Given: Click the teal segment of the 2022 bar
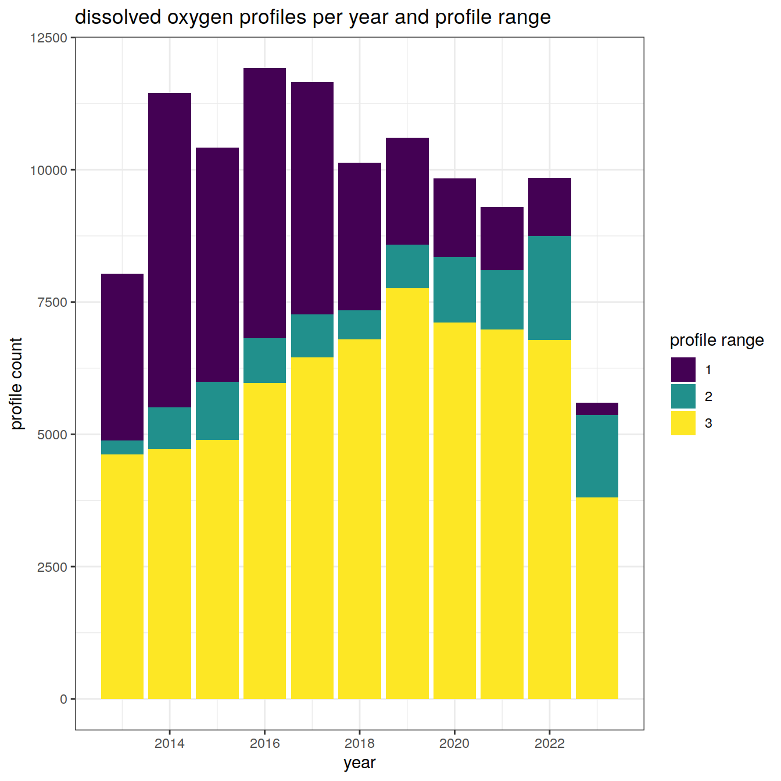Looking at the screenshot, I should (549, 288).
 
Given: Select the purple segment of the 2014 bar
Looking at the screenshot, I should (170, 250).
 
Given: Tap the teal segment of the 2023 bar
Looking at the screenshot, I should (597, 456).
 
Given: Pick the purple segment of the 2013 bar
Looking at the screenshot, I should (122, 357).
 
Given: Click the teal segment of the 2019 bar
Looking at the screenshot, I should (407, 266).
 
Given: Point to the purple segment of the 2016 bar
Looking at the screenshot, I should (264, 203).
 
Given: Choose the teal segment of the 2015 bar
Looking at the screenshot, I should (217, 411).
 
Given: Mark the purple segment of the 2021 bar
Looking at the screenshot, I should (502, 238).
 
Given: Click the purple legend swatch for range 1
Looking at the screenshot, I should (683, 370).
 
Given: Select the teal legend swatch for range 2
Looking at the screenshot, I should (683, 396).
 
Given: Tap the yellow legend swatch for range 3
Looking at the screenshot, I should (683, 423).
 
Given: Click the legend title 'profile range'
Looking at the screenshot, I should (716, 341).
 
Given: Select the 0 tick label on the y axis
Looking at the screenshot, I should (64, 699).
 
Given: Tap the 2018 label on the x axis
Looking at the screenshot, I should (359, 743).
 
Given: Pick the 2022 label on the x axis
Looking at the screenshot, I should (549, 743).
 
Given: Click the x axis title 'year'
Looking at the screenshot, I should (359, 763).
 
